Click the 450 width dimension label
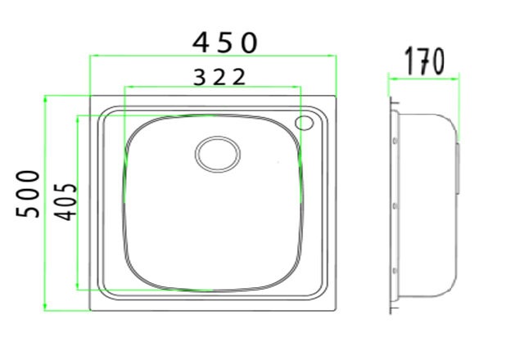(224, 43)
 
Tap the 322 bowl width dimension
(219, 77)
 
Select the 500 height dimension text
(28, 194)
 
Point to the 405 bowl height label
(65, 202)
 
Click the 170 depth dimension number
(424, 61)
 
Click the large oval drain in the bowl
(218, 154)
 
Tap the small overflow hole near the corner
(304, 123)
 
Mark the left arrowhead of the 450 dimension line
(93, 56)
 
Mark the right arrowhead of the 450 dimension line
(332, 56)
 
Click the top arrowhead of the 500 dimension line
(45, 99)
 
